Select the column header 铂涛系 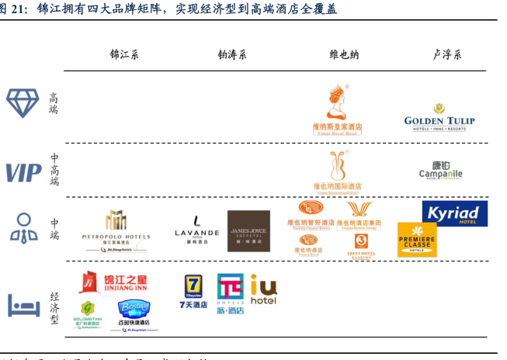231,54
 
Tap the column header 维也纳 344,54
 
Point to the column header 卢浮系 446,54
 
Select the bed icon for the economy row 23,305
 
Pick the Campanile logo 440,170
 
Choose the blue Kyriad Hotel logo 454,213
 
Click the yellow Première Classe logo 417,239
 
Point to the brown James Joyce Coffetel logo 248,230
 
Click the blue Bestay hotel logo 133,313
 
